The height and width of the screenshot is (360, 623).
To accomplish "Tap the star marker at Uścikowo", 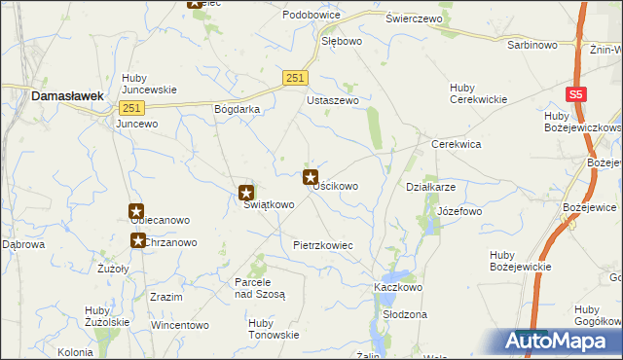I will [311, 177].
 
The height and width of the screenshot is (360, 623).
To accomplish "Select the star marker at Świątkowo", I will [247, 193].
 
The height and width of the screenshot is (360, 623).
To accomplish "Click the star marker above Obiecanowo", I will [136, 211].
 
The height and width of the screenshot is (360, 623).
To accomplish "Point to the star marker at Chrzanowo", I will [138, 240].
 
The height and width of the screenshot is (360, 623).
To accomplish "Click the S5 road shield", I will [576, 93].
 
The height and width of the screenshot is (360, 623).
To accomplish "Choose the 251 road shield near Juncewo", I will [132, 108].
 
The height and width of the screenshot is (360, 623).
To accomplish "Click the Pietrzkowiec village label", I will [322, 246].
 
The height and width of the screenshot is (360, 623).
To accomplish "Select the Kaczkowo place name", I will [396, 288].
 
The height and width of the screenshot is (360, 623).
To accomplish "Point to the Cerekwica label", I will [457, 144].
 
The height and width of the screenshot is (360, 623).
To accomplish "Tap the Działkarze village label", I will [430, 187].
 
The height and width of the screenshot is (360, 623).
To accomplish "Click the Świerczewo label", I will [414, 18].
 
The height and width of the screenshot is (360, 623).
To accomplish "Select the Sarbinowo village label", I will [531, 45].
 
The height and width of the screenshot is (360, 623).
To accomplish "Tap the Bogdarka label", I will [237, 109].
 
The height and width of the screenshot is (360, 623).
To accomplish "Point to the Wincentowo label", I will [180, 325].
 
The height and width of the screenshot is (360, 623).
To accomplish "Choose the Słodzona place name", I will [405, 315].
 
